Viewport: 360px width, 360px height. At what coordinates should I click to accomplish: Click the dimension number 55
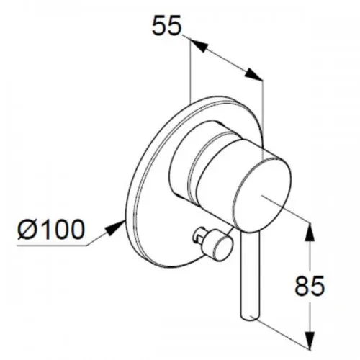click(166, 25)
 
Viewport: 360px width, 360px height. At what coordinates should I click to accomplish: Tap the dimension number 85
click(310, 286)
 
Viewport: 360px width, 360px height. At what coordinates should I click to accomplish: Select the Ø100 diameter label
click(51, 230)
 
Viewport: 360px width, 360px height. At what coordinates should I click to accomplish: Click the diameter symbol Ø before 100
click(27, 230)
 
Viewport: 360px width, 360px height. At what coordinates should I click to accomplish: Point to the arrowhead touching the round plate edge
click(115, 228)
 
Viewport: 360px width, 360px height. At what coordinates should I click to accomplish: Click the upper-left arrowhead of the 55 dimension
click(199, 45)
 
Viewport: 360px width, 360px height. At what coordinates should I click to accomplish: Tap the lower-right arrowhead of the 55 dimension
click(253, 74)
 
